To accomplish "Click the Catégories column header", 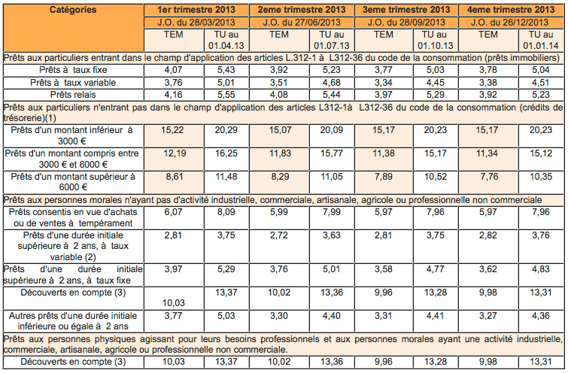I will tap(72, 10).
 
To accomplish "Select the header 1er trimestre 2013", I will tap(198, 10).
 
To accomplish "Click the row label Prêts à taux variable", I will tap(72, 83).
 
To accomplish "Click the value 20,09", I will tap(332, 129).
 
